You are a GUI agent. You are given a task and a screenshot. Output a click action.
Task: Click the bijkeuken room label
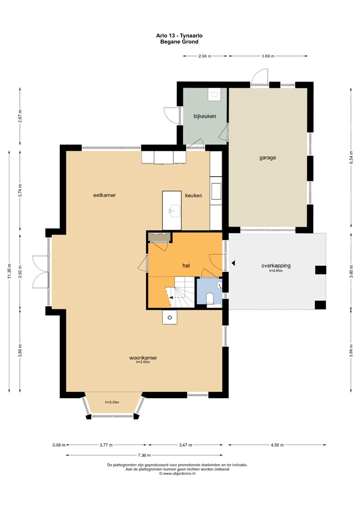click(x=204, y=116)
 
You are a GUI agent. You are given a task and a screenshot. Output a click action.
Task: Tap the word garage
click(x=267, y=158)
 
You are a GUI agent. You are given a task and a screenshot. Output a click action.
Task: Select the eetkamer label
click(x=105, y=195)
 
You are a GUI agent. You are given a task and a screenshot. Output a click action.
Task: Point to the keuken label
click(x=193, y=195)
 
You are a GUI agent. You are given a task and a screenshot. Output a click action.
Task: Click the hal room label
click(x=186, y=265)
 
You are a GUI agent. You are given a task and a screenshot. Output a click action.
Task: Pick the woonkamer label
click(x=143, y=358)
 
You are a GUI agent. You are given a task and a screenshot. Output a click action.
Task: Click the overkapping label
click(x=276, y=265)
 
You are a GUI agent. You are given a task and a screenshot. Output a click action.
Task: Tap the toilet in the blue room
click(x=210, y=298)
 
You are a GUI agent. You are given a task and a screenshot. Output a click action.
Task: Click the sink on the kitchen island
click(x=174, y=211)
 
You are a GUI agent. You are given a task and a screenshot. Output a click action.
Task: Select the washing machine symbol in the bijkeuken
click(x=214, y=94)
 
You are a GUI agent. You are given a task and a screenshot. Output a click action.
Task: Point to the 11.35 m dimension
click(x=9, y=271)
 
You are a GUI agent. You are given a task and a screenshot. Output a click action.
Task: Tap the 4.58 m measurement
click(x=277, y=445)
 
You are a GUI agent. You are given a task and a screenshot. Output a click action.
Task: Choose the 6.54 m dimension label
click(x=351, y=158)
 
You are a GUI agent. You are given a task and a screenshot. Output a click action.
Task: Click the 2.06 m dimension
click(x=205, y=56)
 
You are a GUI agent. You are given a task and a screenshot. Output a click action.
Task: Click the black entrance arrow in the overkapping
click(x=233, y=263)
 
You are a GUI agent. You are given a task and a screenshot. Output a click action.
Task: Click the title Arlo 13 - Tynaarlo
click(x=179, y=36)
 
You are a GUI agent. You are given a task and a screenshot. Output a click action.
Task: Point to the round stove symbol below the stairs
click(x=169, y=318)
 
